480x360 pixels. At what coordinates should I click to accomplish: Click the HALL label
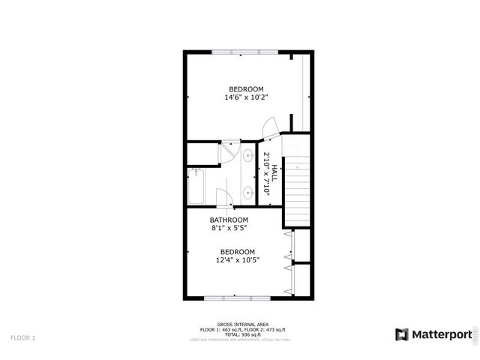[x=274, y=175]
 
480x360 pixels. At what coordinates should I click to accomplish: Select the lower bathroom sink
[x=247, y=191]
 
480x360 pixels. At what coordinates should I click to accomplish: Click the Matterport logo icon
[x=402, y=334]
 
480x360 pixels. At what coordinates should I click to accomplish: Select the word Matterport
[x=441, y=334]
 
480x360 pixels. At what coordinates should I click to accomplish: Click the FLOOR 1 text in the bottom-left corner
[x=22, y=338]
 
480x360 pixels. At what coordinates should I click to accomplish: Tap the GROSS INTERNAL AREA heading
[x=240, y=325]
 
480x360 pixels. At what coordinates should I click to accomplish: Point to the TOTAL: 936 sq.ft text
[x=240, y=334]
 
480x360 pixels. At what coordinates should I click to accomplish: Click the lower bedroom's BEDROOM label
[x=238, y=252]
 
